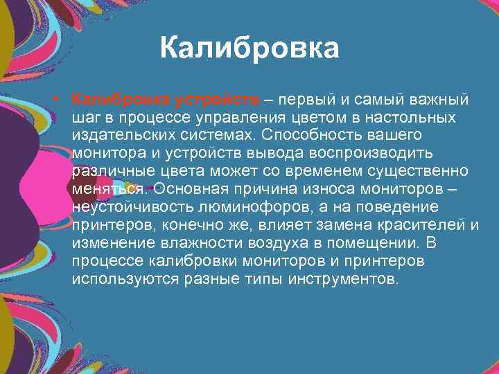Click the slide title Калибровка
point(249,49)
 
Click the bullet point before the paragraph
point(62,99)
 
